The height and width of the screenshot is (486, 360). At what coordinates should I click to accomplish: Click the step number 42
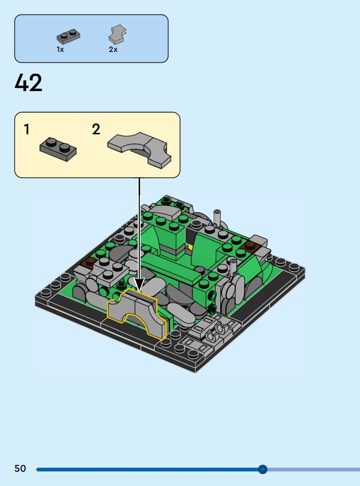point(28,82)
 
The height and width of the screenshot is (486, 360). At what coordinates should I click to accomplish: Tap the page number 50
point(20,469)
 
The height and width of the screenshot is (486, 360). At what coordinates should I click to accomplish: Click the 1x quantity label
point(60,49)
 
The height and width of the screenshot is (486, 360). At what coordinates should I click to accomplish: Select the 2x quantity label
point(113,49)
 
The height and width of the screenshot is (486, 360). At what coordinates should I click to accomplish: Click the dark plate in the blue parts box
point(68,36)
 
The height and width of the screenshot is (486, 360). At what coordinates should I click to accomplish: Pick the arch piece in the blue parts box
point(118,34)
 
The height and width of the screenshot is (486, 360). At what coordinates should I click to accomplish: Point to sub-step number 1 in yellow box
point(26,129)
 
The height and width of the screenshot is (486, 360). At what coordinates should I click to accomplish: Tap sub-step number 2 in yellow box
point(96,129)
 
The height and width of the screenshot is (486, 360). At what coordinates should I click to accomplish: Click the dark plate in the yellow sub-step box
point(58,149)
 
